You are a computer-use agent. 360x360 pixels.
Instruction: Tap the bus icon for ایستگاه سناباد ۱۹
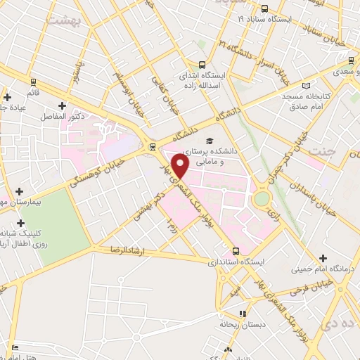coord(264,9)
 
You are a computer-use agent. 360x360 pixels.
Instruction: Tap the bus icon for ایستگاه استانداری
coord(237,251)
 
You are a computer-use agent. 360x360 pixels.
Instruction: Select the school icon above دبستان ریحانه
coord(243,314)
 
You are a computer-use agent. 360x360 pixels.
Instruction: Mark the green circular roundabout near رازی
coord(262,199)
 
